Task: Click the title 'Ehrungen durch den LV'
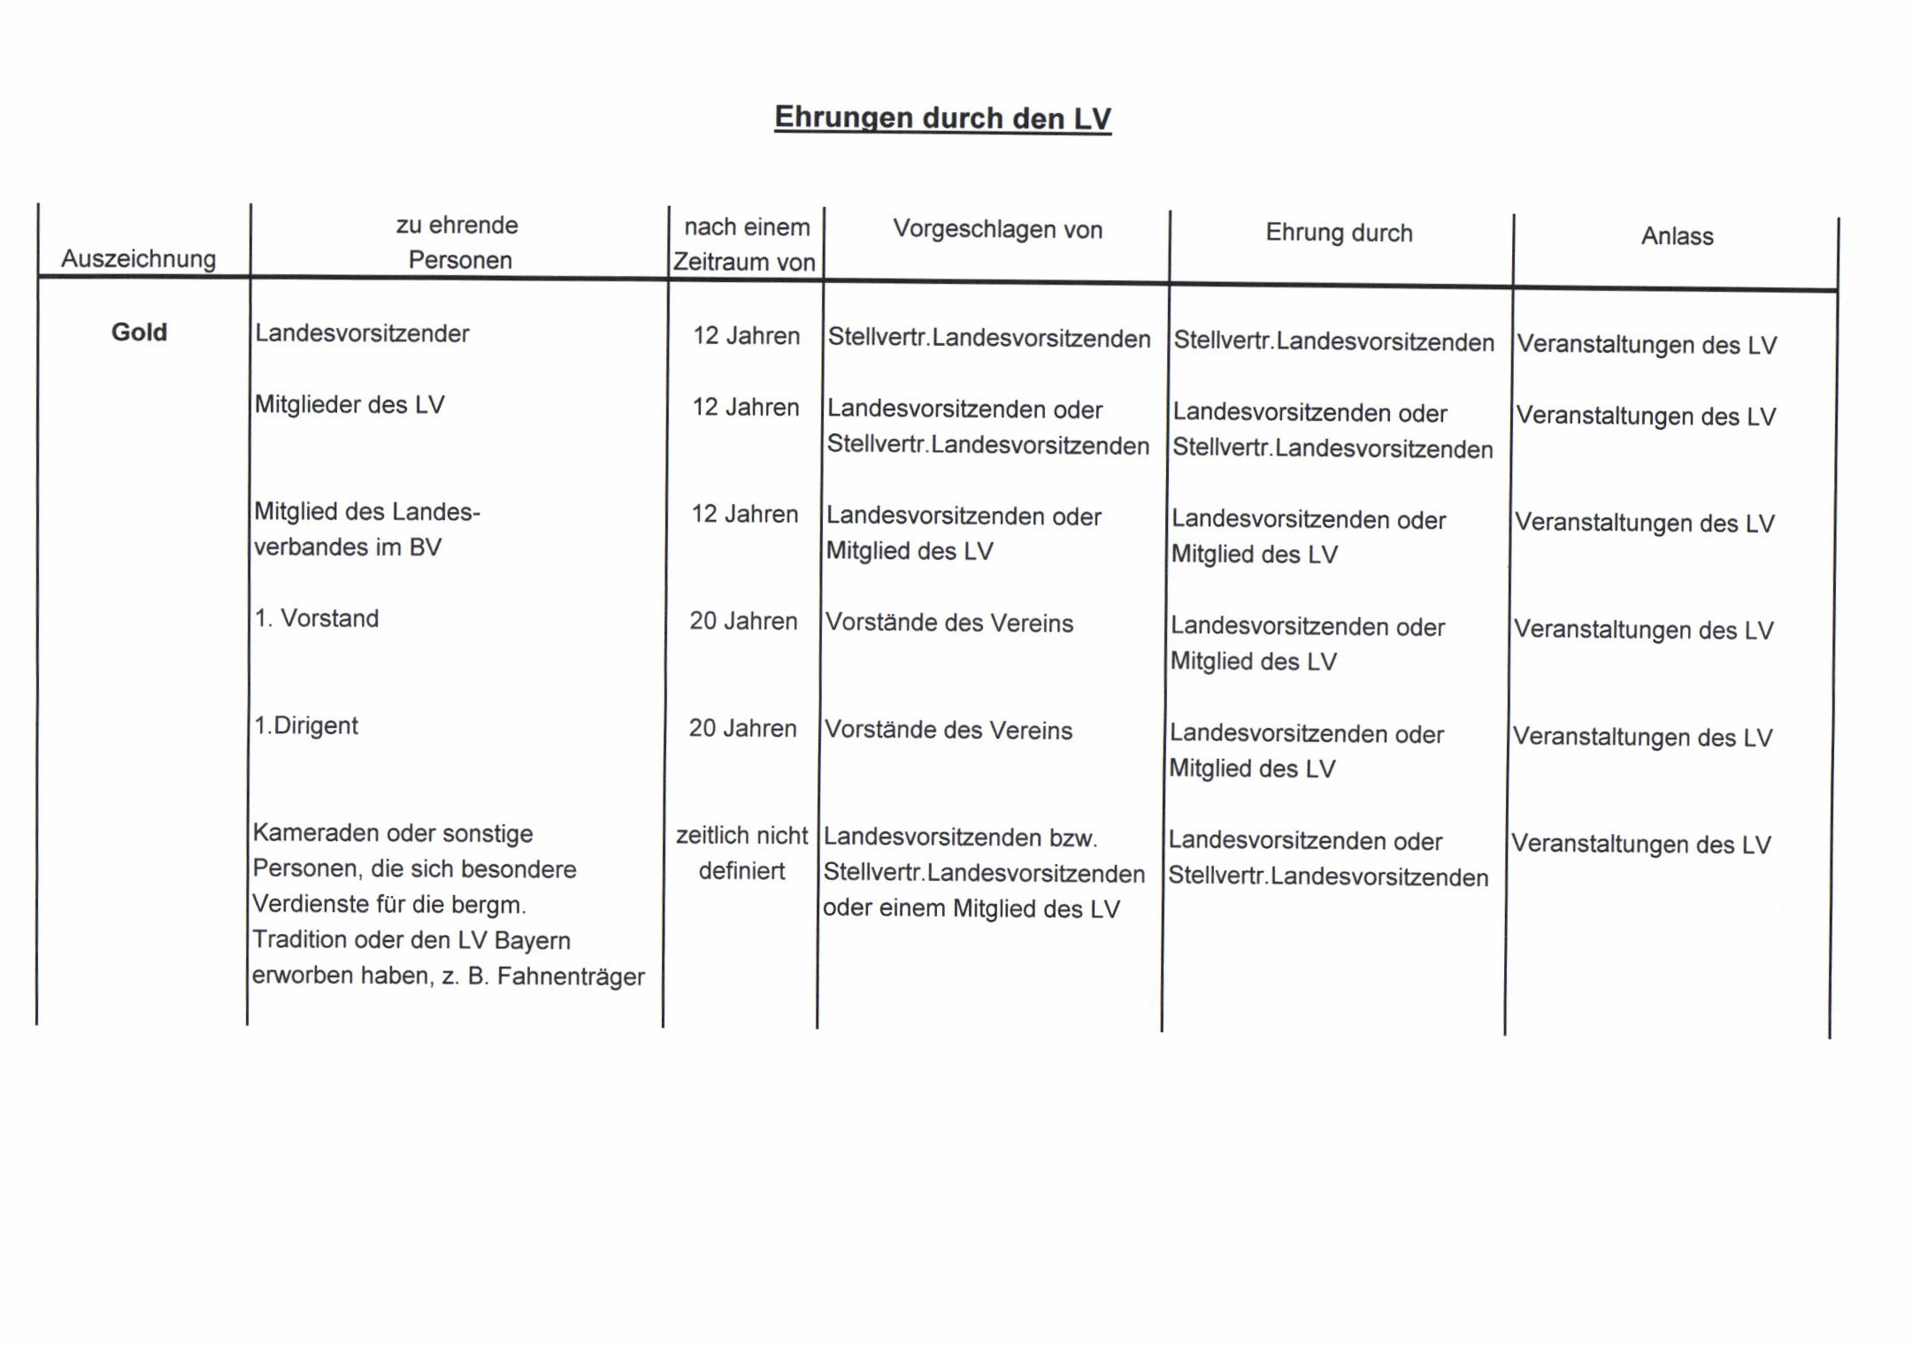click(942, 118)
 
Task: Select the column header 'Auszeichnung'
click(139, 259)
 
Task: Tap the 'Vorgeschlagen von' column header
click(997, 230)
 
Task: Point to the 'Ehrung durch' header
click(1339, 233)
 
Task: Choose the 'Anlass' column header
click(1677, 236)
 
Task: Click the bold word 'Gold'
click(139, 333)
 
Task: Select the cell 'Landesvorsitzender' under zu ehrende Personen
click(362, 333)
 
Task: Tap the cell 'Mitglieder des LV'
click(349, 405)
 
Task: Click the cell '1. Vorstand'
click(317, 618)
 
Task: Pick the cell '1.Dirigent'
click(306, 726)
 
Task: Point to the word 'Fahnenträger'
click(571, 976)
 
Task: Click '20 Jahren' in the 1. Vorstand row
click(743, 622)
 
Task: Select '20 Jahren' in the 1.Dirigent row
click(742, 729)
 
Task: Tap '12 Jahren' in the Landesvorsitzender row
click(746, 336)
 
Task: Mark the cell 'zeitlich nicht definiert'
click(741, 853)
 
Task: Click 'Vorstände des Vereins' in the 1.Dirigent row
click(948, 731)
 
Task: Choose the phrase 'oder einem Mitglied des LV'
click(971, 909)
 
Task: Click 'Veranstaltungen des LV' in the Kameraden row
click(1641, 845)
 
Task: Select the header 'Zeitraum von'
click(744, 263)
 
